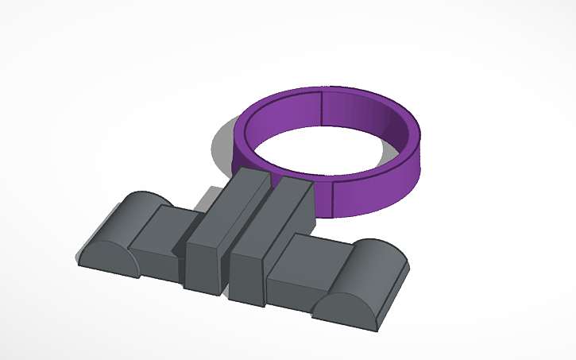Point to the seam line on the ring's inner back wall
[322, 108]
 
